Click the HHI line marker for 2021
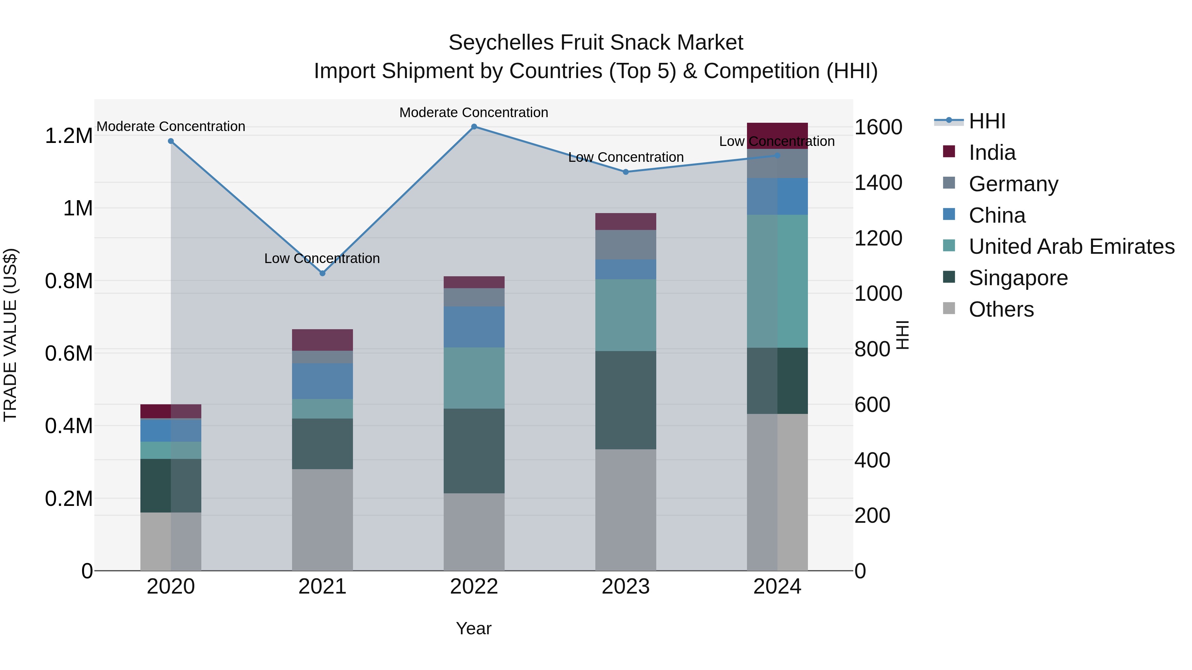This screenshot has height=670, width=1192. coord(323,273)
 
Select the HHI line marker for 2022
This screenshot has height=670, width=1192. coord(474,127)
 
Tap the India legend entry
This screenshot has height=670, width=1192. coord(992,153)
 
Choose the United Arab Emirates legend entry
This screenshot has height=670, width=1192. coord(1071,246)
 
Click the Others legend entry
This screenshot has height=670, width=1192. coord(1001,309)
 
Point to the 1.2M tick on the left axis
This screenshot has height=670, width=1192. coord(69,136)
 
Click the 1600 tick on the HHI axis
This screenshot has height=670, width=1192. coord(878,127)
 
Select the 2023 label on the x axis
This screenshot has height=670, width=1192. coord(625,587)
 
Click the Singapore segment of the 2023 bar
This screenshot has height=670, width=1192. coord(625,400)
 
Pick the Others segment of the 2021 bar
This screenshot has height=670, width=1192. coord(322,520)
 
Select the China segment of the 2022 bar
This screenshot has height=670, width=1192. coord(474,327)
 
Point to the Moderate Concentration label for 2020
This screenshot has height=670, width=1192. coord(171,126)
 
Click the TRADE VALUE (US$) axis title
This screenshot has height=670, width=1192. coord(10,335)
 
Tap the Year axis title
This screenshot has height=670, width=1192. coord(473,628)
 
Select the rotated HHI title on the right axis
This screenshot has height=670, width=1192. coord(902,335)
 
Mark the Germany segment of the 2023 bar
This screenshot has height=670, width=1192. coord(625,245)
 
